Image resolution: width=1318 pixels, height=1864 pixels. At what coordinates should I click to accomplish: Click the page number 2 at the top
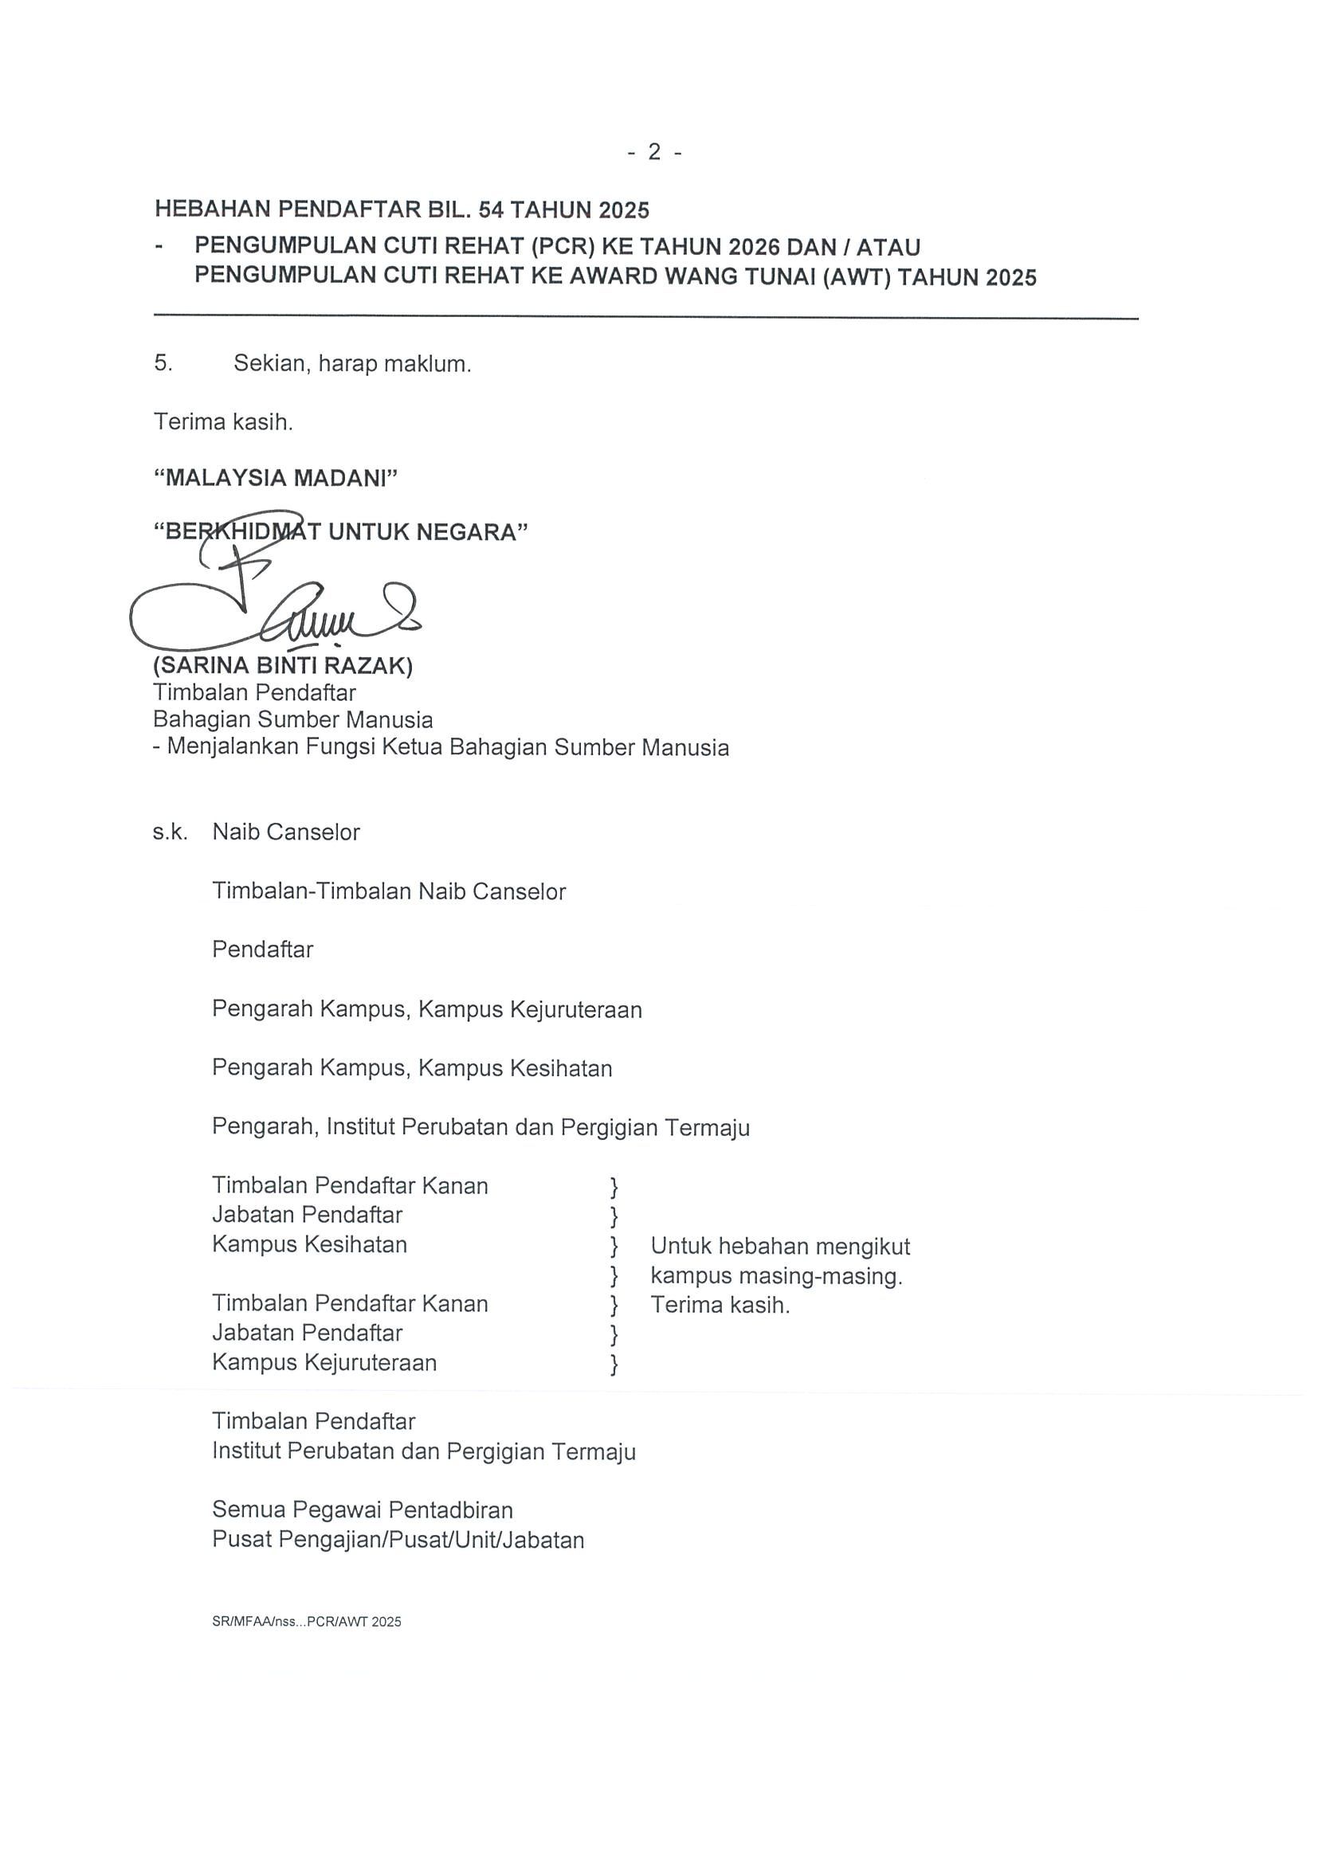(x=653, y=152)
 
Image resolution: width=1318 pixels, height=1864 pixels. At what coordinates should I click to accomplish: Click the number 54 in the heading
(x=491, y=210)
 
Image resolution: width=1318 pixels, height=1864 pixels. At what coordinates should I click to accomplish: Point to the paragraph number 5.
(x=163, y=363)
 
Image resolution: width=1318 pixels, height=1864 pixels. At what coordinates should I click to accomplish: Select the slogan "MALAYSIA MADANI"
(x=275, y=478)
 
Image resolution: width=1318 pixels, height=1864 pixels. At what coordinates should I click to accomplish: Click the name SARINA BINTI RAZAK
(x=283, y=666)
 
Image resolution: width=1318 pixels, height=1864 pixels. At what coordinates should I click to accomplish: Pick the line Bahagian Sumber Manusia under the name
(x=292, y=719)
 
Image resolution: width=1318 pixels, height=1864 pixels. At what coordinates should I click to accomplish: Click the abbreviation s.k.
(x=170, y=832)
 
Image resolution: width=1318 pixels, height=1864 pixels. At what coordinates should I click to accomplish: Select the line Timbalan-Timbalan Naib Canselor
(x=388, y=891)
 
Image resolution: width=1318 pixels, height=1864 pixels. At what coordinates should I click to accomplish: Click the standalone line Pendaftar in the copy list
(x=262, y=949)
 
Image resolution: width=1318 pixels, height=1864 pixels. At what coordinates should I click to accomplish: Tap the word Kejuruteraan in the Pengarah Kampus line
(x=576, y=1009)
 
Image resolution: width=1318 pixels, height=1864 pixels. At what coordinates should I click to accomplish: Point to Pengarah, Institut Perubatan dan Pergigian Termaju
(x=481, y=1127)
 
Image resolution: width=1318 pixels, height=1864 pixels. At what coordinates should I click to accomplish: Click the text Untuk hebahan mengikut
(x=779, y=1246)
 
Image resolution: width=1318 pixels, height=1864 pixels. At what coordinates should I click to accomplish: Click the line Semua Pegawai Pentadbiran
(x=363, y=1510)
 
